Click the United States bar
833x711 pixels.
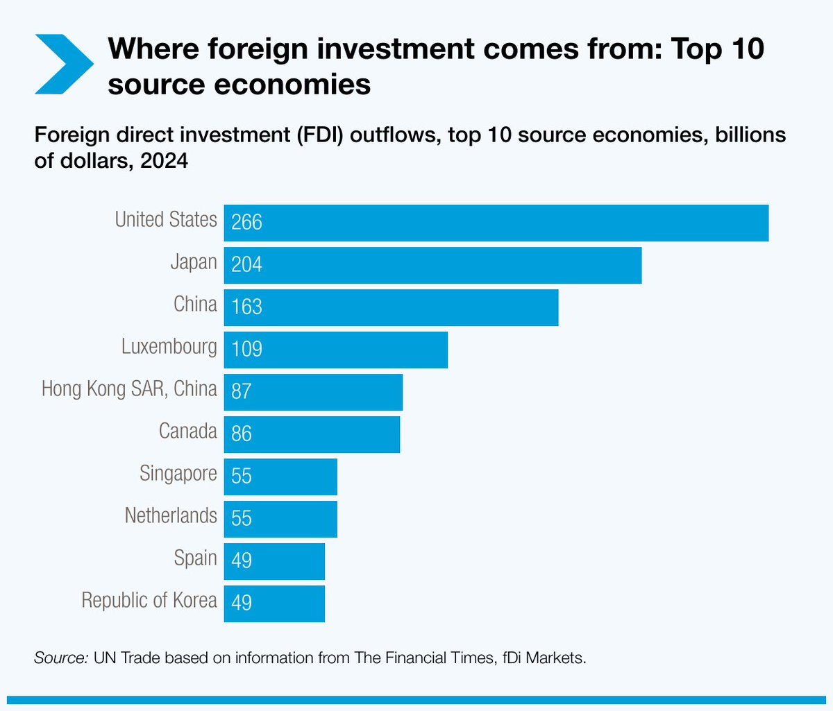pyautogui.click(x=496, y=223)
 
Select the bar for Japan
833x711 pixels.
pyautogui.click(x=433, y=265)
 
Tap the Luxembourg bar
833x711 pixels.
pyautogui.click(x=336, y=350)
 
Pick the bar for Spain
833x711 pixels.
pyautogui.click(x=274, y=561)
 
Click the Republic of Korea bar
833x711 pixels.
pyautogui.click(x=274, y=603)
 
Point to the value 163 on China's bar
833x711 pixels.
pyautogui.click(x=246, y=307)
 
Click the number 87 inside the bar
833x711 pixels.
pyautogui.click(x=242, y=391)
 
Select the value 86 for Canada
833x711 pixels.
pyautogui.click(x=242, y=434)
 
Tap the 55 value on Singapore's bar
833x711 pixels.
pyautogui.click(x=242, y=476)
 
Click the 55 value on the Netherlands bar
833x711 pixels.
pyautogui.click(x=242, y=518)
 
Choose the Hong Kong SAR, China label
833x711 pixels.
pyautogui.click(x=129, y=389)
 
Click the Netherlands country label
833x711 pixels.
pyautogui.click(x=171, y=515)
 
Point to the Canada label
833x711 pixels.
pyautogui.click(x=188, y=431)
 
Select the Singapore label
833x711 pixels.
pyautogui.click(x=178, y=474)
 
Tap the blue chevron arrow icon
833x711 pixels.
pyautogui.click(x=65, y=64)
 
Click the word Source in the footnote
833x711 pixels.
pyautogui.click(x=61, y=658)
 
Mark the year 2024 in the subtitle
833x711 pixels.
pyautogui.click(x=164, y=161)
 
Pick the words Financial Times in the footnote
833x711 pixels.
pyautogui.click(x=439, y=658)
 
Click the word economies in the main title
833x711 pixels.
pyautogui.click(x=292, y=84)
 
